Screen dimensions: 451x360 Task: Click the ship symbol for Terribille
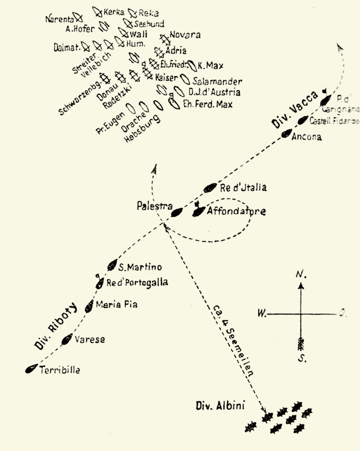(31, 370)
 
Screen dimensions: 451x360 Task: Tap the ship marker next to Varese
(67, 339)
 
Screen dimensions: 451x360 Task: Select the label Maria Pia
(116, 304)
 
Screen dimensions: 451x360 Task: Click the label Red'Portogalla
(137, 283)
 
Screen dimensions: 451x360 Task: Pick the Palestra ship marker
(177, 213)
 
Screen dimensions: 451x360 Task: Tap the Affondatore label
(237, 211)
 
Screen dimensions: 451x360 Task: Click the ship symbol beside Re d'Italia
(210, 188)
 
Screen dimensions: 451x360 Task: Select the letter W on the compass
(261, 314)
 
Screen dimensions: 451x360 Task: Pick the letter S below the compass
(301, 358)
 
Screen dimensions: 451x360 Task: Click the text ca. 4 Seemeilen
(233, 339)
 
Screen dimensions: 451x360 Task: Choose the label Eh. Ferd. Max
(208, 104)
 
